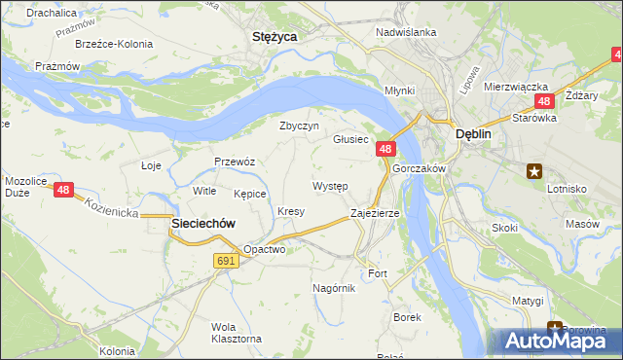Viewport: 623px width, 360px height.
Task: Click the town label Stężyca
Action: click(x=274, y=36)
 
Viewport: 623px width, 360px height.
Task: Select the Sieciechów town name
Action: click(x=203, y=223)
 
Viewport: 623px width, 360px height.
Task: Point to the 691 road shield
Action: click(x=226, y=261)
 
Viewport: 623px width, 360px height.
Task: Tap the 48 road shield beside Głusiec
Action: click(x=385, y=149)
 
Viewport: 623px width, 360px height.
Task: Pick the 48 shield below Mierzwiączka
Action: click(x=543, y=101)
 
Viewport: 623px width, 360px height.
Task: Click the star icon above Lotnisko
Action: click(x=533, y=171)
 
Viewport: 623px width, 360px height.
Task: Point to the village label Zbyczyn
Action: click(x=299, y=126)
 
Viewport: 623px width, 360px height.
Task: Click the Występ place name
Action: click(x=330, y=185)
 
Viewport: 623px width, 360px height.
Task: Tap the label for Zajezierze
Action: click(x=375, y=212)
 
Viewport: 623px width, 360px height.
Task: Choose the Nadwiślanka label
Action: click(x=406, y=31)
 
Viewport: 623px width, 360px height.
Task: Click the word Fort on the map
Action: click(x=378, y=273)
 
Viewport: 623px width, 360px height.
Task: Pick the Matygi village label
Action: click(x=528, y=301)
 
